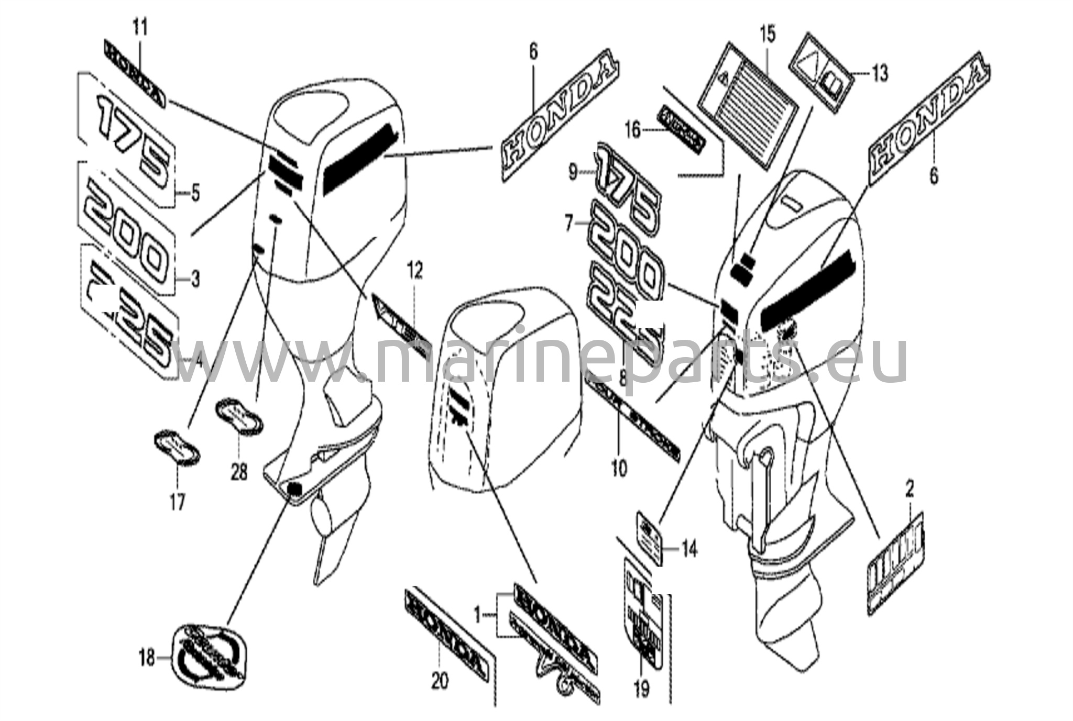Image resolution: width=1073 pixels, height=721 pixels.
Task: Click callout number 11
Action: click(140, 27)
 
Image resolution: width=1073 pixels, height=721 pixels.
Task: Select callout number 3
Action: click(195, 280)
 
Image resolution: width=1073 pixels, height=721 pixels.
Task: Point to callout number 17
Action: click(177, 503)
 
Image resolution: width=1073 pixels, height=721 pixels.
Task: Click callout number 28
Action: click(239, 473)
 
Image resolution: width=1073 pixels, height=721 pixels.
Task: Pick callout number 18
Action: click(147, 657)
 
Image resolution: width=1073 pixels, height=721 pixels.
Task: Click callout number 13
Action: click(881, 73)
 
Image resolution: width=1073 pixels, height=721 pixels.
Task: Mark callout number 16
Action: click(633, 129)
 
